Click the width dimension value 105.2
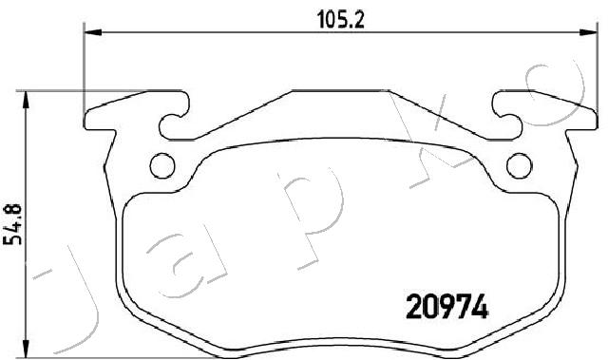(341, 19)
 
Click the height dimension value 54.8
(12, 224)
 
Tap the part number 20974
(446, 306)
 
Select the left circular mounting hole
(162, 165)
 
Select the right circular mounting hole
(520, 165)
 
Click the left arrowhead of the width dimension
(93, 32)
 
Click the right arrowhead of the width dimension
(588, 32)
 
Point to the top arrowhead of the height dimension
(26, 100)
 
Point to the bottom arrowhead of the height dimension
(26, 349)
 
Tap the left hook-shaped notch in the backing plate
(175, 116)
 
